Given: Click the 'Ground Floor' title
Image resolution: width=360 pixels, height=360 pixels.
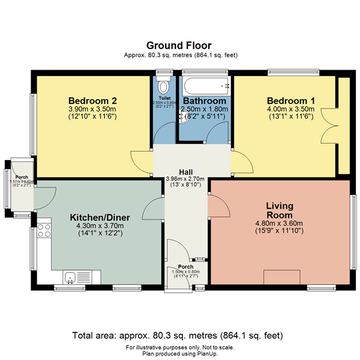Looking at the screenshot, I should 179,45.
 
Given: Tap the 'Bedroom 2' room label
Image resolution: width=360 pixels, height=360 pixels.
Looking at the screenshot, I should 92,100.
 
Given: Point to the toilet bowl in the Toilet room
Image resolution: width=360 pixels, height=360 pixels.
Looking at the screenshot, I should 163,83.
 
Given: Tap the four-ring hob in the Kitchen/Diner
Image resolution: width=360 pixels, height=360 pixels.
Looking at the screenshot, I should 43,230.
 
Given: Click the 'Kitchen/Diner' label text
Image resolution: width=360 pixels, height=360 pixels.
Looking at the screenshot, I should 97,217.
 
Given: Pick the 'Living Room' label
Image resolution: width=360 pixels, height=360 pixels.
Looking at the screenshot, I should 279,211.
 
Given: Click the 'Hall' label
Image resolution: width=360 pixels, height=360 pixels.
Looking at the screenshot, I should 185,172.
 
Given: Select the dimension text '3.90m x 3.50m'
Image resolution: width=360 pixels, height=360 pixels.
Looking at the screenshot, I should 92,109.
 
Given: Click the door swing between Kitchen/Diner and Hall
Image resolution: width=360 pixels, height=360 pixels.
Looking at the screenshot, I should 152,209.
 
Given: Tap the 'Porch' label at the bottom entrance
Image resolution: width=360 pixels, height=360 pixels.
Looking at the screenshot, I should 185,266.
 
